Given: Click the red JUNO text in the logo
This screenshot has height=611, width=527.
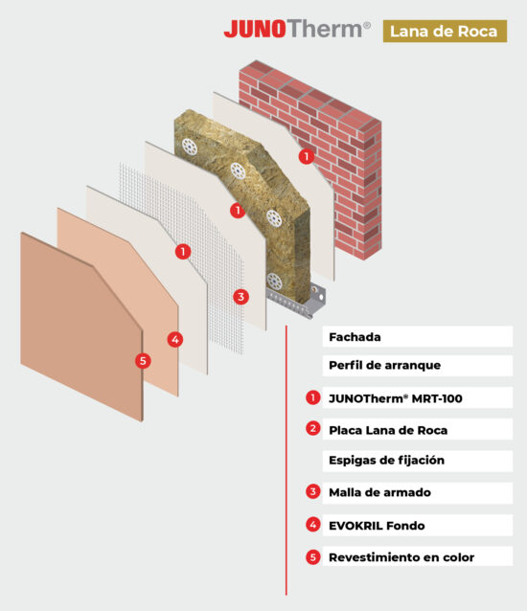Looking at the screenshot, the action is (255, 29).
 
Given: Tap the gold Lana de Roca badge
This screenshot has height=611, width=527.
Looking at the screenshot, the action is (445, 32).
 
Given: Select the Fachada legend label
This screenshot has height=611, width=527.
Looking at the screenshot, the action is (355, 337).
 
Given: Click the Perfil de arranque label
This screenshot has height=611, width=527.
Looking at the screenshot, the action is (385, 365).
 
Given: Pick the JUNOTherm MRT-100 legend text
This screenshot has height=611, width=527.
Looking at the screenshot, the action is (396, 398).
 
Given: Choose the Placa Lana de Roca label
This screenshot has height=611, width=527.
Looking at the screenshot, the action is (388, 430).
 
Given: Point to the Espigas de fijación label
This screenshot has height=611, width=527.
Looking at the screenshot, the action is (387, 461).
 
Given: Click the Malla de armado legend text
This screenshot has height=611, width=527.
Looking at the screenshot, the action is (380, 492).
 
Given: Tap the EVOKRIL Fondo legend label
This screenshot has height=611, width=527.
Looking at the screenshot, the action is (377, 526).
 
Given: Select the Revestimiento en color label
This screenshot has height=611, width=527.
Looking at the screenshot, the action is (401, 557).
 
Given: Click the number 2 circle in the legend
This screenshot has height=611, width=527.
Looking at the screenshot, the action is (313, 429).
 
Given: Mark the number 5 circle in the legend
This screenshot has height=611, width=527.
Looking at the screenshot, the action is (313, 557).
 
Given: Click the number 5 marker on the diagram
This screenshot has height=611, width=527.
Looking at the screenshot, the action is (143, 361).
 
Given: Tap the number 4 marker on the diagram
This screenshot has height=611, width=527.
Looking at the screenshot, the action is (175, 340).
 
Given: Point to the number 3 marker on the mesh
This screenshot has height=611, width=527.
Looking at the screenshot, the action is (241, 297).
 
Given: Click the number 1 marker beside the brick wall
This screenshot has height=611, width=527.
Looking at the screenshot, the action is (307, 157).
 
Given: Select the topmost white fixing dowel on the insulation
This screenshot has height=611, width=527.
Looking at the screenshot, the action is (190, 147).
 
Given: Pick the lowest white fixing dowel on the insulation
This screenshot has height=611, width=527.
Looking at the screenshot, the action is (274, 281).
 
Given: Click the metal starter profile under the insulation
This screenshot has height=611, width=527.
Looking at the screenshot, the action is (296, 300).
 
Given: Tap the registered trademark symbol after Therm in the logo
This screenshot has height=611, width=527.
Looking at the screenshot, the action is (367, 26).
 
